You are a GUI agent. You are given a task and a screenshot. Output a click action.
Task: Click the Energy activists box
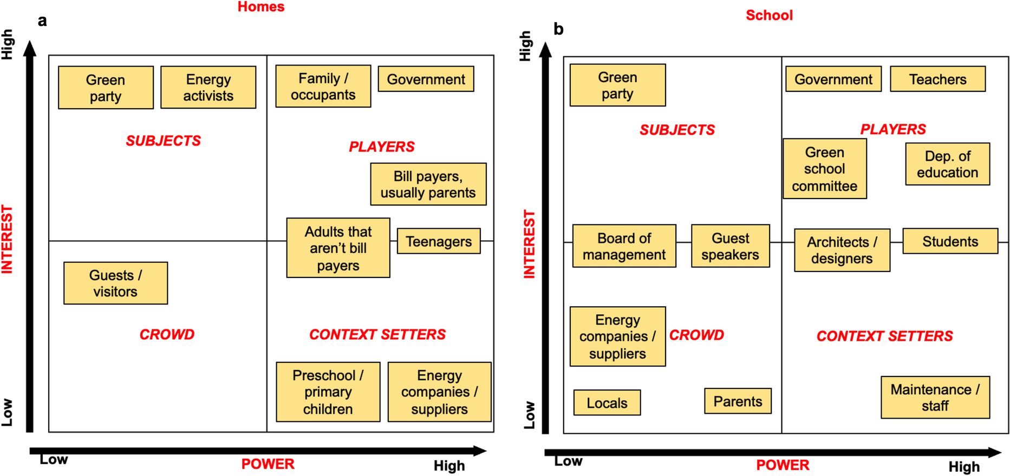coord(208,88)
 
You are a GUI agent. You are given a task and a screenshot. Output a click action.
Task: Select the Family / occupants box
coord(323,87)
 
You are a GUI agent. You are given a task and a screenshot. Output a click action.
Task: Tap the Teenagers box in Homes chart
coord(439,241)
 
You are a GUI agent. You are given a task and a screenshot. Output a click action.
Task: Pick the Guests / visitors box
coord(115,283)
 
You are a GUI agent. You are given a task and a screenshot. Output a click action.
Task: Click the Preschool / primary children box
coord(328,392)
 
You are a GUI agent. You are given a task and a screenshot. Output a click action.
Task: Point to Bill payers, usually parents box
coord(428,184)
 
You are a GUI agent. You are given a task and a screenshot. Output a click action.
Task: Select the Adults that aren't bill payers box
coord(338,248)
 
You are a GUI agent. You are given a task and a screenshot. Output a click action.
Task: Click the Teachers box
coord(937,80)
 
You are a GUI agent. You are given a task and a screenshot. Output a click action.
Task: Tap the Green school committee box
coord(825,169)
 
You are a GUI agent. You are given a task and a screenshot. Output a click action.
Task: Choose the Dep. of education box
coord(948,164)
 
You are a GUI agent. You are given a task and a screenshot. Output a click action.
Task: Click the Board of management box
coord(624,246)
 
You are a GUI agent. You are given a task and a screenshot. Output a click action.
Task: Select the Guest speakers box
coord(731,246)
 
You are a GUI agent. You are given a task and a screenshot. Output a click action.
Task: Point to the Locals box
coord(607,403)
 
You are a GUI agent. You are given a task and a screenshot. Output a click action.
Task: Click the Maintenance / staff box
coord(935,398)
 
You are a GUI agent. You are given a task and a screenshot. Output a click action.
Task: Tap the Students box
coord(950,241)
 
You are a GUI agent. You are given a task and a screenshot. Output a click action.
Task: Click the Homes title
coord(261,7)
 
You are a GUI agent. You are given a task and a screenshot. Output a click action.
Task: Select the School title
coord(769,15)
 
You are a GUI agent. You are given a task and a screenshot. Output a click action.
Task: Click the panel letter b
coord(559,29)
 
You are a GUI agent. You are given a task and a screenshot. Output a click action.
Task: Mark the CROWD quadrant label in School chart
coord(696,335)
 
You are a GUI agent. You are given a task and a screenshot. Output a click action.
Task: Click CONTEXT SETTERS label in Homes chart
coord(377,335)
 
